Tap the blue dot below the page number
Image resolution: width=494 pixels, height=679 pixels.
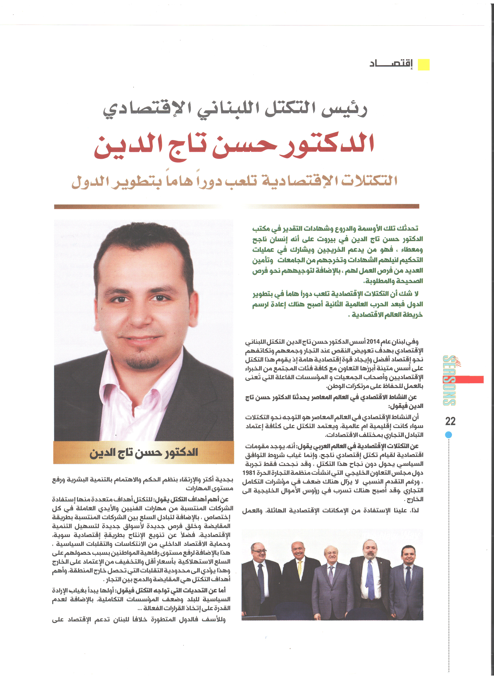(448, 435)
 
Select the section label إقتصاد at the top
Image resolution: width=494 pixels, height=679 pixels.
(391, 64)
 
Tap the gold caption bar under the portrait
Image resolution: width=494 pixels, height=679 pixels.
(144, 452)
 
